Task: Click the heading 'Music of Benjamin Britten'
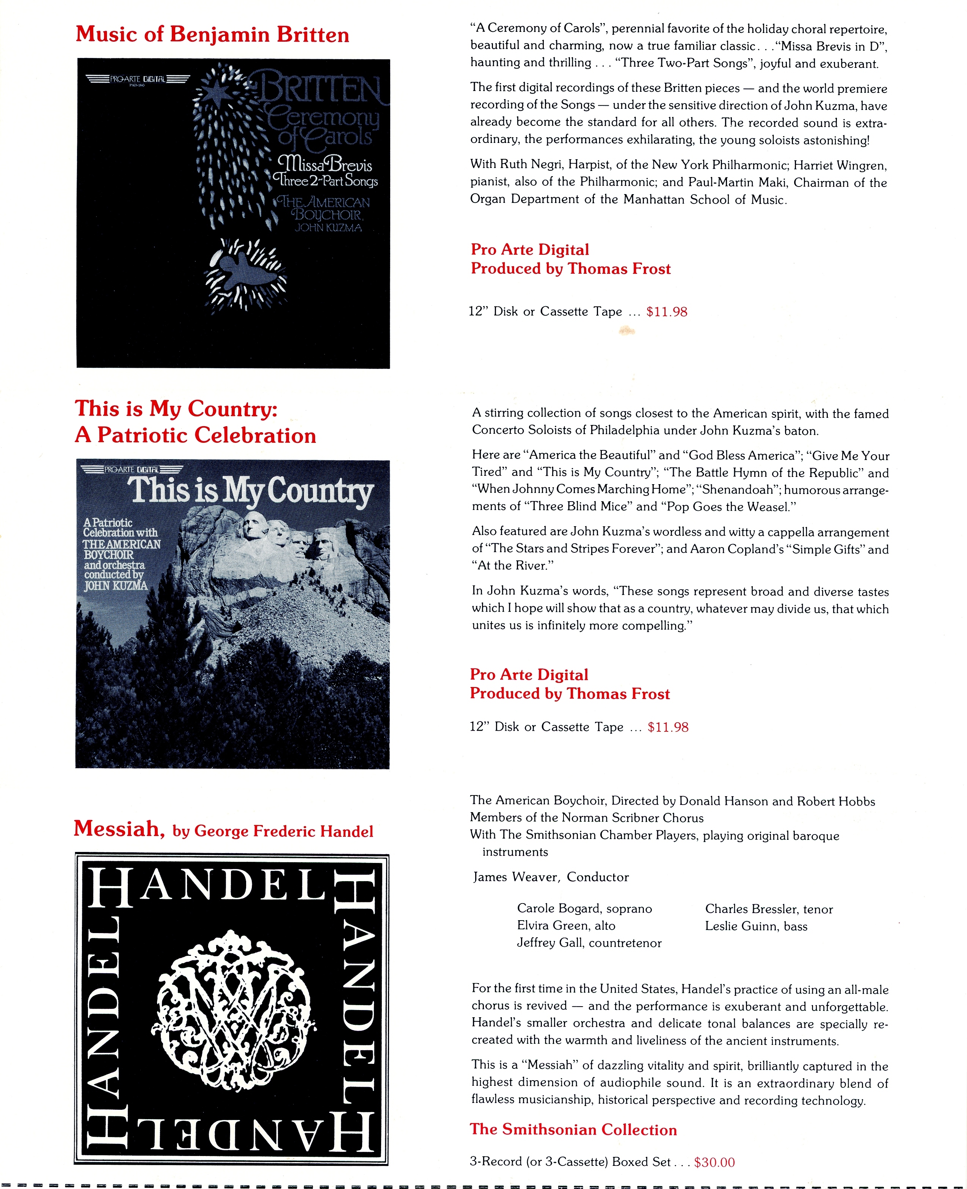point(212,35)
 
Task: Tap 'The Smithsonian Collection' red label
point(573,1129)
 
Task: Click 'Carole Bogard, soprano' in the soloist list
point(584,909)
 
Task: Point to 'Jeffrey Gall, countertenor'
point(589,943)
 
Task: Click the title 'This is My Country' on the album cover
point(250,491)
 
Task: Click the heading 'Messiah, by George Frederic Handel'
point(223,830)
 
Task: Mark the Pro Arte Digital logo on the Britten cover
point(138,79)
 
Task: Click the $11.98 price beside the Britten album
point(667,312)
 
